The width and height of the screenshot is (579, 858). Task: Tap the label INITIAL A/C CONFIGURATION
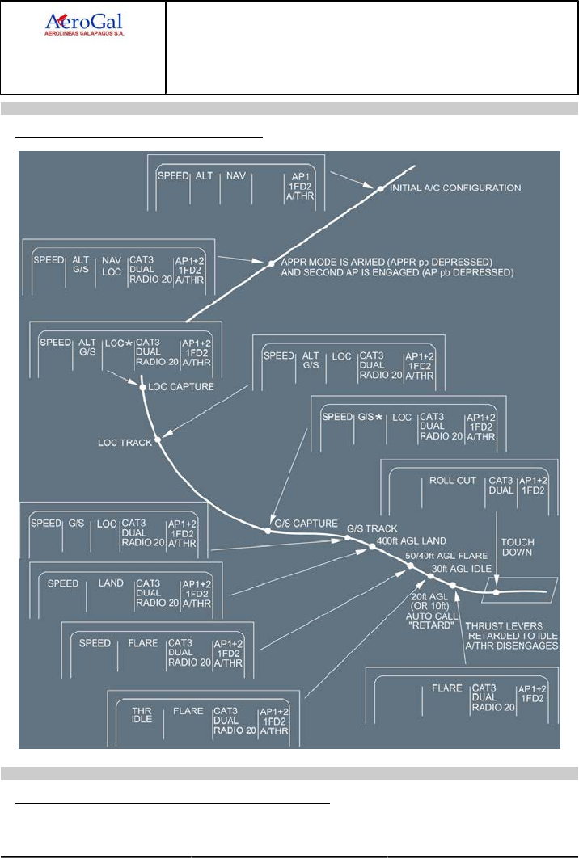tap(455, 187)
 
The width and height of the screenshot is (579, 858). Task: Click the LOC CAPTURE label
tap(182, 387)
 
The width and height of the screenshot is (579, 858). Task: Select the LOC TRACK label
tap(125, 442)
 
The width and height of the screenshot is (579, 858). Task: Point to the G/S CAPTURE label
tap(304, 523)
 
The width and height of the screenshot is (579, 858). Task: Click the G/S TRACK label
tap(373, 528)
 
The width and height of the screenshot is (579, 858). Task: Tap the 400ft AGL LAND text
tap(412, 540)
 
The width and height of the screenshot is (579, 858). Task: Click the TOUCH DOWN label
tap(518, 547)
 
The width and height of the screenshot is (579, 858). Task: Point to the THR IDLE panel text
tap(142, 716)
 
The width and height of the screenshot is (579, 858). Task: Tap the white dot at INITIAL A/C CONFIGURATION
tap(379, 188)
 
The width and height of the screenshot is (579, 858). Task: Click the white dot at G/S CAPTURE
tap(268, 531)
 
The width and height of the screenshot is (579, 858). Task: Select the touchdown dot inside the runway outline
tap(497, 592)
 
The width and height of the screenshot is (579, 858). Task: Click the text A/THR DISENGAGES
tap(516, 646)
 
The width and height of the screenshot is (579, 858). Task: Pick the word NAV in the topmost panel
tap(235, 175)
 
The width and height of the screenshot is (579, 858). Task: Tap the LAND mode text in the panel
tap(111, 583)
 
